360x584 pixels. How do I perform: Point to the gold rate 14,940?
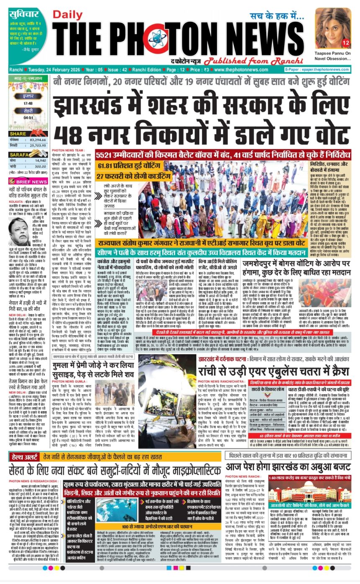[x=41, y=160]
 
